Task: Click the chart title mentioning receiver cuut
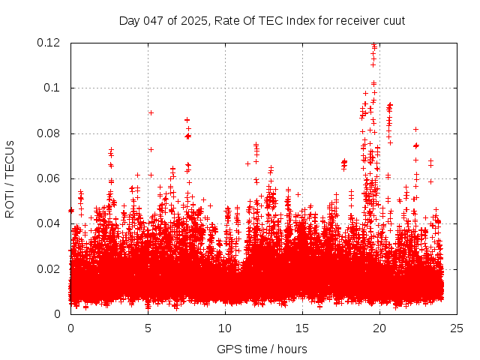point(262,20)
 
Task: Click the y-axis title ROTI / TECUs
point(10,178)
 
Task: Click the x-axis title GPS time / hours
point(262,349)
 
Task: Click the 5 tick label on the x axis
point(148,328)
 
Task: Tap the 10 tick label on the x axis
point(225,328)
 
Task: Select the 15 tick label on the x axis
point(302,328)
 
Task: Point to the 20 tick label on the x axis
point(379,328)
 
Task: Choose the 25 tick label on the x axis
point(457,328)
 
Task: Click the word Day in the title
point(129,20)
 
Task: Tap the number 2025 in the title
point(193,20)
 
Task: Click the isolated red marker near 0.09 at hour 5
point(151,112)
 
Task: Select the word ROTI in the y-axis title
point(10,205)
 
